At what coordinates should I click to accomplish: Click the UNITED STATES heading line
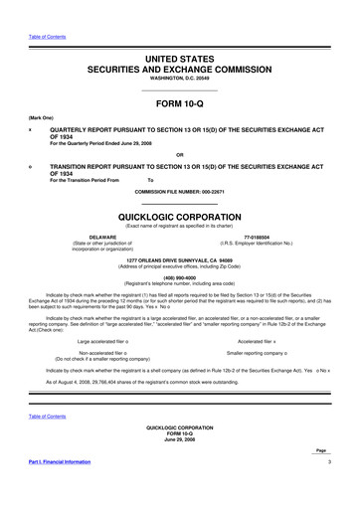[180, 61]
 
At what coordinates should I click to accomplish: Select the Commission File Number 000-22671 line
[180, 189]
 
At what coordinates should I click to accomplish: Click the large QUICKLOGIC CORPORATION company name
[180, 214]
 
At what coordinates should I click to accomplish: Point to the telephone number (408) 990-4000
[180, 279]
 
